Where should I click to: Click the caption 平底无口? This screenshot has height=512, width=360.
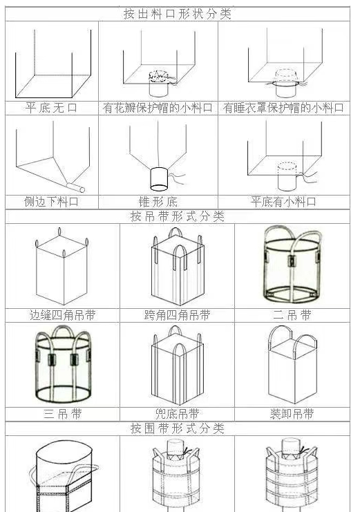pyautogui.click(x=52, y=108)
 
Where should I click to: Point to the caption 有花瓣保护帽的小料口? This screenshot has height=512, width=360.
pyautogui.click(x=158, y=108)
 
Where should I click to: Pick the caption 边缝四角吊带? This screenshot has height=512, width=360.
pyautogui.click(x=63, y=315)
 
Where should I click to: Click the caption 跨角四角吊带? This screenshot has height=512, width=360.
pyautogui.click(x=177, y=315)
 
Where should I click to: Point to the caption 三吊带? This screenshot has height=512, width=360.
pyautogui.click(x=63, y=414)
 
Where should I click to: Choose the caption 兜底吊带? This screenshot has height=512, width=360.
pyautogui.click(x=177, y=414)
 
